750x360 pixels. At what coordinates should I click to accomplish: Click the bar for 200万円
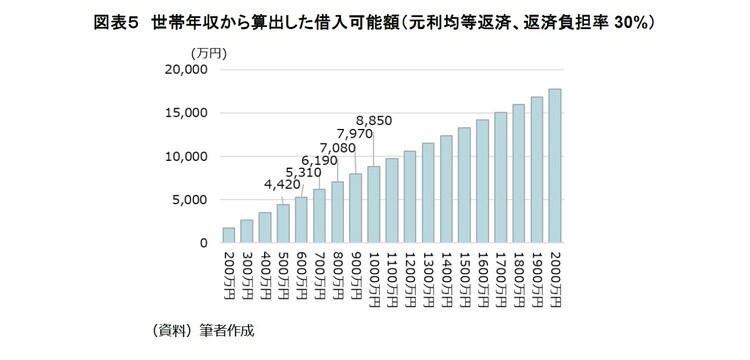pos(228,235)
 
